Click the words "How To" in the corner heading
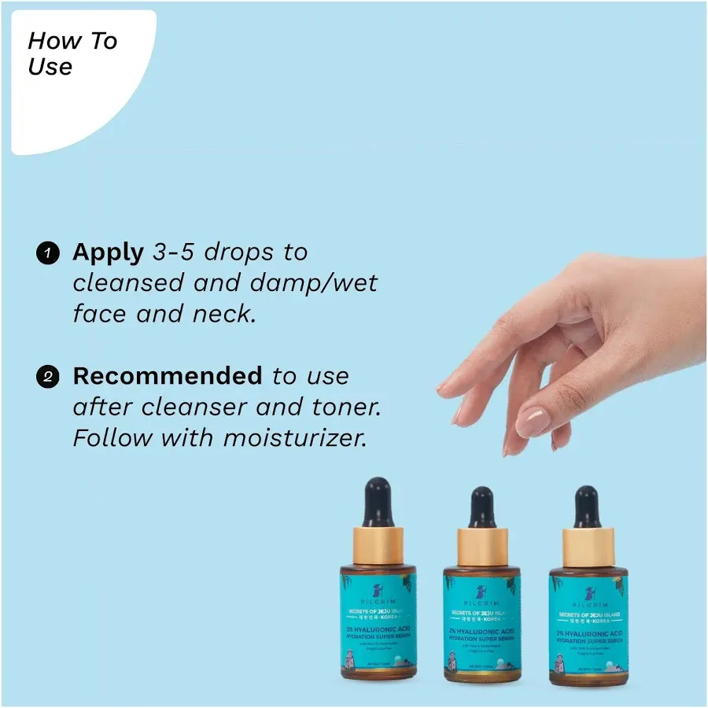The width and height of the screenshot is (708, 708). (72, 42)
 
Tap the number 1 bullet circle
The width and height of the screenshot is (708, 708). (47, 253)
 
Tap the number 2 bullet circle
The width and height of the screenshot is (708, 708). (47, 377)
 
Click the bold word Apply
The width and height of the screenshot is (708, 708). (108, 253)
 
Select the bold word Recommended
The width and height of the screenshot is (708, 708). (167, 376)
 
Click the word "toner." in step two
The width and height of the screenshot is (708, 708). (346, 407)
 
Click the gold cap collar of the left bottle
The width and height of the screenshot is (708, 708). (378, 545)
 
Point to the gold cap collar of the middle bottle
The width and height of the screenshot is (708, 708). (482, 548)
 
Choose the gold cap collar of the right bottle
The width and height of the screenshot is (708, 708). (588, 548)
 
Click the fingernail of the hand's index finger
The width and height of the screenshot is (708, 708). (533, 422)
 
